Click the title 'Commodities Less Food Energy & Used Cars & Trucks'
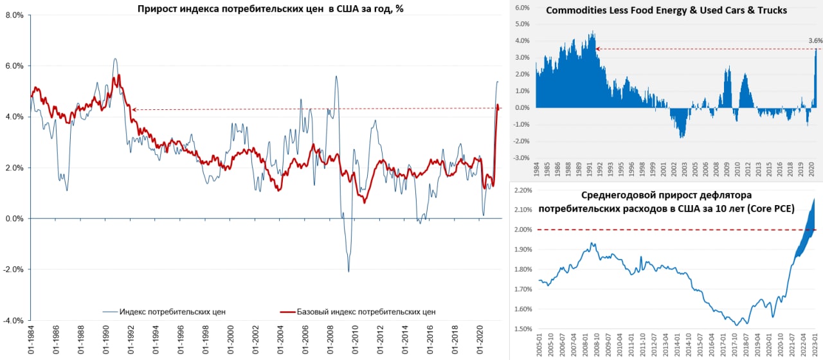point(666,11)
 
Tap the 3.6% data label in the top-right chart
point(815,40)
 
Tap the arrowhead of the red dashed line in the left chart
point(134,110)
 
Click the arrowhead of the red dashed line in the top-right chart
point(597,49)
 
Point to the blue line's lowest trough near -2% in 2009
point(348,271)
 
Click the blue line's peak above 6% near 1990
point(115,59)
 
